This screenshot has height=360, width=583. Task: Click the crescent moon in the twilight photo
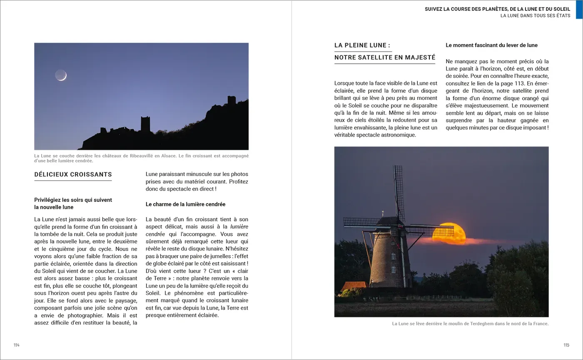tap(61, 75)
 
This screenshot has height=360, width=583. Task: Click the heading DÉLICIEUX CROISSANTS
tap(73, 174)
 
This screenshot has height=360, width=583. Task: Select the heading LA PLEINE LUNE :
tap(362, 45)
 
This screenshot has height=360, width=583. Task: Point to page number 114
tap(17, 345)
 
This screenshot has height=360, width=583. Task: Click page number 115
tap(566, 345)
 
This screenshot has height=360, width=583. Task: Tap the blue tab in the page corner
tap(579, 10)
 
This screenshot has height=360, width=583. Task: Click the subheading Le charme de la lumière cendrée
tap(185, 204)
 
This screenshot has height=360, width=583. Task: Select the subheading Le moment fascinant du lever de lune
tap(491, 45)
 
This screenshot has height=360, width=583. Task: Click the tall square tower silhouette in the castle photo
tap(145, 124)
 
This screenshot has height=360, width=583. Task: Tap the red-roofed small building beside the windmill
tap(353, 287)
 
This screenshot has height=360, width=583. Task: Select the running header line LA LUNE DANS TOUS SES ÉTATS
tap(535, 16)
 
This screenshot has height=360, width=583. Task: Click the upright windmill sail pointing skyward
tap(399, 191)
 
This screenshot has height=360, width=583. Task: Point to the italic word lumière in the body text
tap(239, 227)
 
